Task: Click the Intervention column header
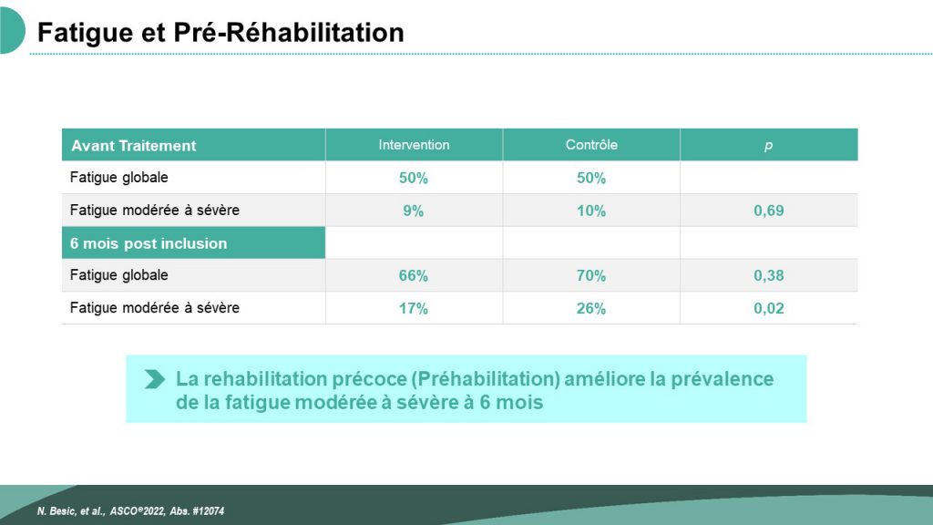click(414, 145)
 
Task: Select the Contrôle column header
click(590, 145)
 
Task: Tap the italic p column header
click(768, 146)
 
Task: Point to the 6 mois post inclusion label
click(149, 243)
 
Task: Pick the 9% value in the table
click(413, 211)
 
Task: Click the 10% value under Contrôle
click(590, 211)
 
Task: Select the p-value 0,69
click(768, 211)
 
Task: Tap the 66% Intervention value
click(413, 275)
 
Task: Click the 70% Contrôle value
click(590, 275)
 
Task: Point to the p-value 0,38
click(768, 275)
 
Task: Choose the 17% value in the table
click(413, 308)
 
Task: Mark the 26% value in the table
click(590, 308)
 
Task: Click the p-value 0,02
click(768, 308)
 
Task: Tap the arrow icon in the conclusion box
click(155, 379)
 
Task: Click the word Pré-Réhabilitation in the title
click(289, 32)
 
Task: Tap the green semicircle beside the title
click(11, 30)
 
